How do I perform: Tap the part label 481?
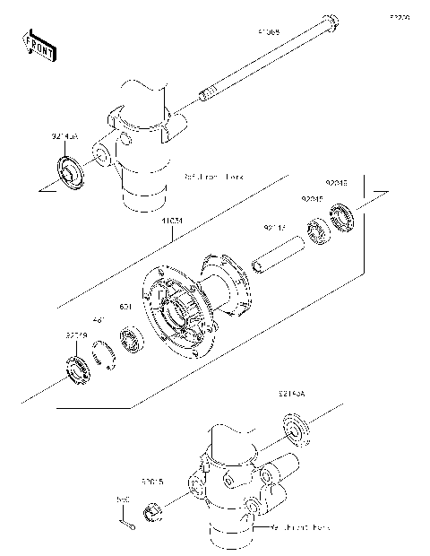click(100, 318)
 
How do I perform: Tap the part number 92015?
click(150, 482)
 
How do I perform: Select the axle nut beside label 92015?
click(153, 512)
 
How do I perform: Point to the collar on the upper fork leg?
click(68, 170)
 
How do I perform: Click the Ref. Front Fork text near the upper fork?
click(216, 177)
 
